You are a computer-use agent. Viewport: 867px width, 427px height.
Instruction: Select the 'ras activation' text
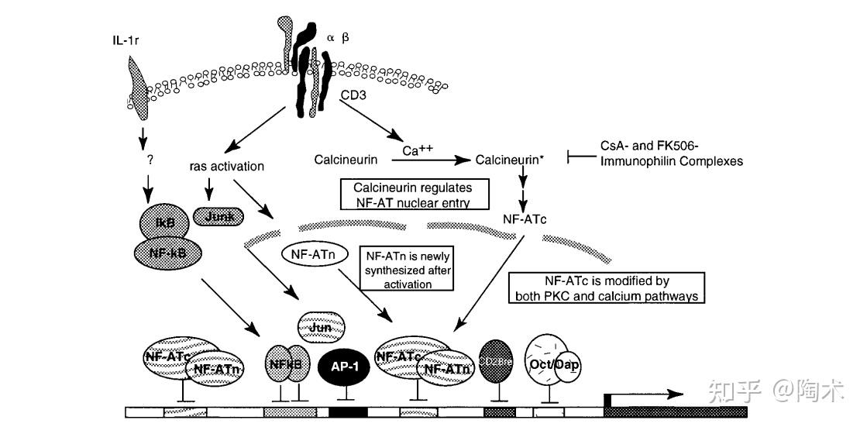226,167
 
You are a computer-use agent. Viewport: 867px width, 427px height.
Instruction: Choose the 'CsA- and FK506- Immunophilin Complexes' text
671,153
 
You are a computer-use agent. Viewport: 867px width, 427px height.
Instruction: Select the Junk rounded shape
218,216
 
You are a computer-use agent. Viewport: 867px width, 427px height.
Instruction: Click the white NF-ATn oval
310,253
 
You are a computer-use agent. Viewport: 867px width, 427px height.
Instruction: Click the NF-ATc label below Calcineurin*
525,219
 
